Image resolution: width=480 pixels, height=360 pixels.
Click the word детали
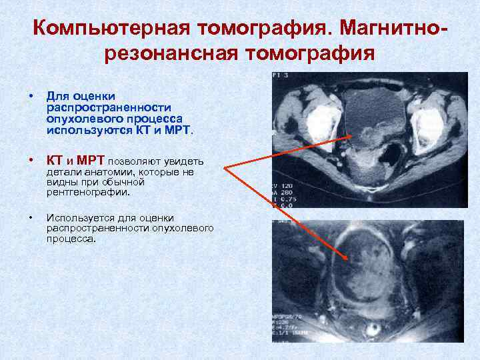[61, 172]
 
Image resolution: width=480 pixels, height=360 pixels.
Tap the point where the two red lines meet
[225, 168]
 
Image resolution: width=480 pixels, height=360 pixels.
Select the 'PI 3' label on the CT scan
[281, 77]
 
